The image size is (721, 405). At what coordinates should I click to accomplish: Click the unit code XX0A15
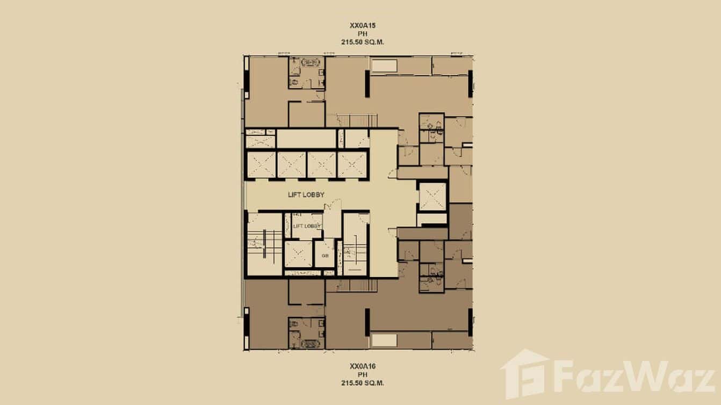(360, 25)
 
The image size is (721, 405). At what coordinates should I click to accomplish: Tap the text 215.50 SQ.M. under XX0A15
(360, 41)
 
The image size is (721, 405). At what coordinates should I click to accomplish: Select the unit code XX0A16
(360, 366)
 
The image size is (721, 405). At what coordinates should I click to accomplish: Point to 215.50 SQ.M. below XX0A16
(360, 383)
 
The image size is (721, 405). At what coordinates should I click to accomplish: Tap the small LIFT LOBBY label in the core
(307, 226)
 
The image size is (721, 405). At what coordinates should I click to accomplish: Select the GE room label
(325, 256)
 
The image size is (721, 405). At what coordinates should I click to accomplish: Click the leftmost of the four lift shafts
(261, 164)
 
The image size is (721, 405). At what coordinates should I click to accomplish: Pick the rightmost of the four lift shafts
(352, 164)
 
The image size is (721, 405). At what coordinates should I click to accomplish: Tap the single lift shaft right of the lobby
(432, 196)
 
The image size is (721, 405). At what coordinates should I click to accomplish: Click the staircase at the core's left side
(264, 244)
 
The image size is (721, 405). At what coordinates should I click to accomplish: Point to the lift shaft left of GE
(298, 255)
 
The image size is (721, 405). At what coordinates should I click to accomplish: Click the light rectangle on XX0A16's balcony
(385, 340)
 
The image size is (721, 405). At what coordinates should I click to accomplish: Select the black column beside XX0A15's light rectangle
(367, 84)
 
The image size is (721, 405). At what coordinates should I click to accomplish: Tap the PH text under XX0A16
(360, 375)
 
